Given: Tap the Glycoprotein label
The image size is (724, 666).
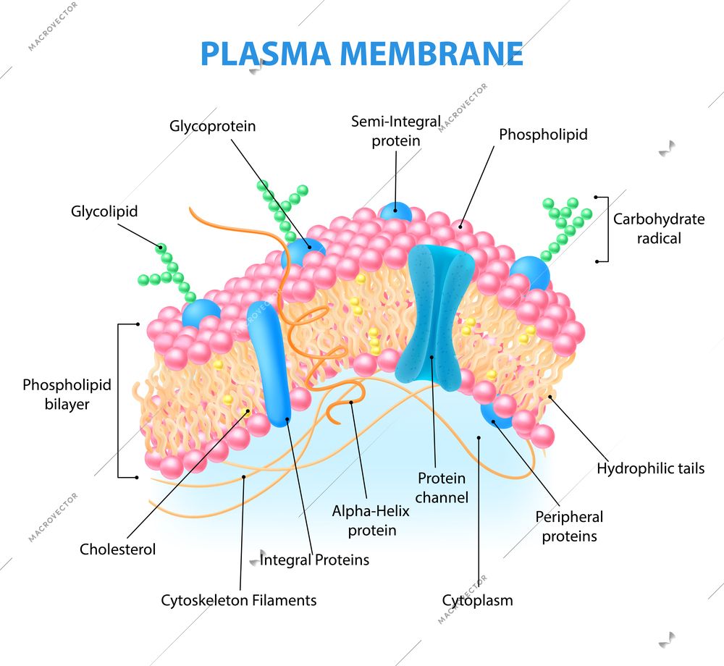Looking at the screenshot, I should point(212,126).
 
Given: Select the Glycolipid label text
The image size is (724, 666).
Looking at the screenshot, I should point(104,211).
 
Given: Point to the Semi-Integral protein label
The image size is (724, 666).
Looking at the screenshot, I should point(395,131).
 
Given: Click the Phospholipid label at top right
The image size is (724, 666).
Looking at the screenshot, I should point(543,134).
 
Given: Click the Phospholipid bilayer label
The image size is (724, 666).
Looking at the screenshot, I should point(67,395).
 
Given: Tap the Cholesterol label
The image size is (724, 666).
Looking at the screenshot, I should point(117,549).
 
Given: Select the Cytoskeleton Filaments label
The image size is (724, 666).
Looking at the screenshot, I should point(238,600).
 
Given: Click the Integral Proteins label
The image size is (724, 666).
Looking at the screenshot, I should point(314,560).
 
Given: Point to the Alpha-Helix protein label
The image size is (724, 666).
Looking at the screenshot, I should point(371,520).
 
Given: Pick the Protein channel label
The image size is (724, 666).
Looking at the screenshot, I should point(442,487).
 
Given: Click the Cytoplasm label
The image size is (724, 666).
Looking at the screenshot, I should point(477,600).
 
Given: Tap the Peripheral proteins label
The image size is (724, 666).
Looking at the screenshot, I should point(569,526).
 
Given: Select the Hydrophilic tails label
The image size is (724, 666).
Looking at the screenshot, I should point(650,468).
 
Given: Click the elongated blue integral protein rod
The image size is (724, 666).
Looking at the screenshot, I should point(268,362).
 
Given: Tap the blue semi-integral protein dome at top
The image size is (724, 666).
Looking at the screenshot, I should point(396,211).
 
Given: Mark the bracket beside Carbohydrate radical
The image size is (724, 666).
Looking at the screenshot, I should point(605,228).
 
